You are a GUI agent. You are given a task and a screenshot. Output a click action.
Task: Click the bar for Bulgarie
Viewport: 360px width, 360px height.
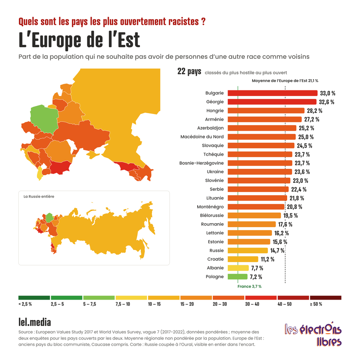[272, 93]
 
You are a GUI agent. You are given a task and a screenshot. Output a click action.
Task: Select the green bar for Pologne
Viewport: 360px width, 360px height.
[238, 277]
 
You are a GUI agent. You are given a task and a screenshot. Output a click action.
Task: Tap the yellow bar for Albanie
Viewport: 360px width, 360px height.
[238, 268]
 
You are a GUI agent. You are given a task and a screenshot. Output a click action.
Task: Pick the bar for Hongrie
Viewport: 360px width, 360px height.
[266, 111]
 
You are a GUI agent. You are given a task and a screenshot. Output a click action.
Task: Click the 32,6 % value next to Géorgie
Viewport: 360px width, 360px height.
[326, 102]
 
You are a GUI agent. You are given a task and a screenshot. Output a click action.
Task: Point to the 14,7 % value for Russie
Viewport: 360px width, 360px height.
[277, 250]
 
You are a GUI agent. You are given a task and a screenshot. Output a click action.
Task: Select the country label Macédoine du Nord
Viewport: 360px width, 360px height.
[202, 137]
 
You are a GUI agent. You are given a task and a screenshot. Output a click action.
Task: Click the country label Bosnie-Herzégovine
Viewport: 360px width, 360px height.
[202, 163]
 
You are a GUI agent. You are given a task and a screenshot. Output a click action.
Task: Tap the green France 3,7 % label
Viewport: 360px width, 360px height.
[250, 286]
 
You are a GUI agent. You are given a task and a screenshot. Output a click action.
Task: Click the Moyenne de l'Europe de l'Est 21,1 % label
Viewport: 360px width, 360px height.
[285, 81]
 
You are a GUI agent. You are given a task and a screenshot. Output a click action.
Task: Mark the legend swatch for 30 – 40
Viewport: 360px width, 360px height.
[261, 298]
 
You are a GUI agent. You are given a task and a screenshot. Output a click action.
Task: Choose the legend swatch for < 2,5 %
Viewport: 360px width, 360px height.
[34, 298]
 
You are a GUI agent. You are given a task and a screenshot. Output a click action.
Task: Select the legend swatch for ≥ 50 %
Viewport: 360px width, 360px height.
[326, 298]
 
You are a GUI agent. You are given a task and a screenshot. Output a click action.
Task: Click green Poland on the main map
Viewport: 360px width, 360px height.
[44, 119]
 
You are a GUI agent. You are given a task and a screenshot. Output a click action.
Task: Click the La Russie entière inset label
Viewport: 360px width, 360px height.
[39, 196]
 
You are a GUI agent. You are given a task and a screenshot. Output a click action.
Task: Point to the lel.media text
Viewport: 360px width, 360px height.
[35, 322]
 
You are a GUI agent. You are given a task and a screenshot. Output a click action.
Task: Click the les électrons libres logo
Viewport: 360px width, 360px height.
[313, 334]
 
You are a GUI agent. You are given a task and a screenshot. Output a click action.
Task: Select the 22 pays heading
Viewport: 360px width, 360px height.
[190, 72]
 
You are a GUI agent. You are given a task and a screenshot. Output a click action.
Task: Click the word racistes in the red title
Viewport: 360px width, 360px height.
[184, 22]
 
